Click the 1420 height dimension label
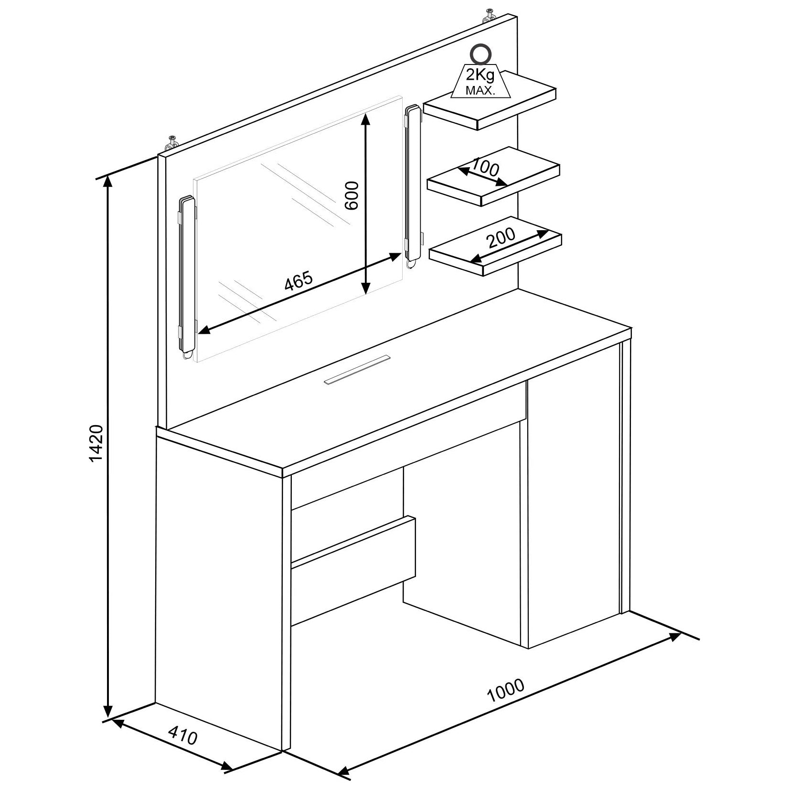tap(96, 443)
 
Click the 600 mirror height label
tap(352, 195)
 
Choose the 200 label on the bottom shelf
tap(501, 237)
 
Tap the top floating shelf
tap(490, 100)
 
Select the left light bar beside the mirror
tap(187, 277)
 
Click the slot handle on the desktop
tap(357, 369)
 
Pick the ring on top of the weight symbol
tap(480, 54)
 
